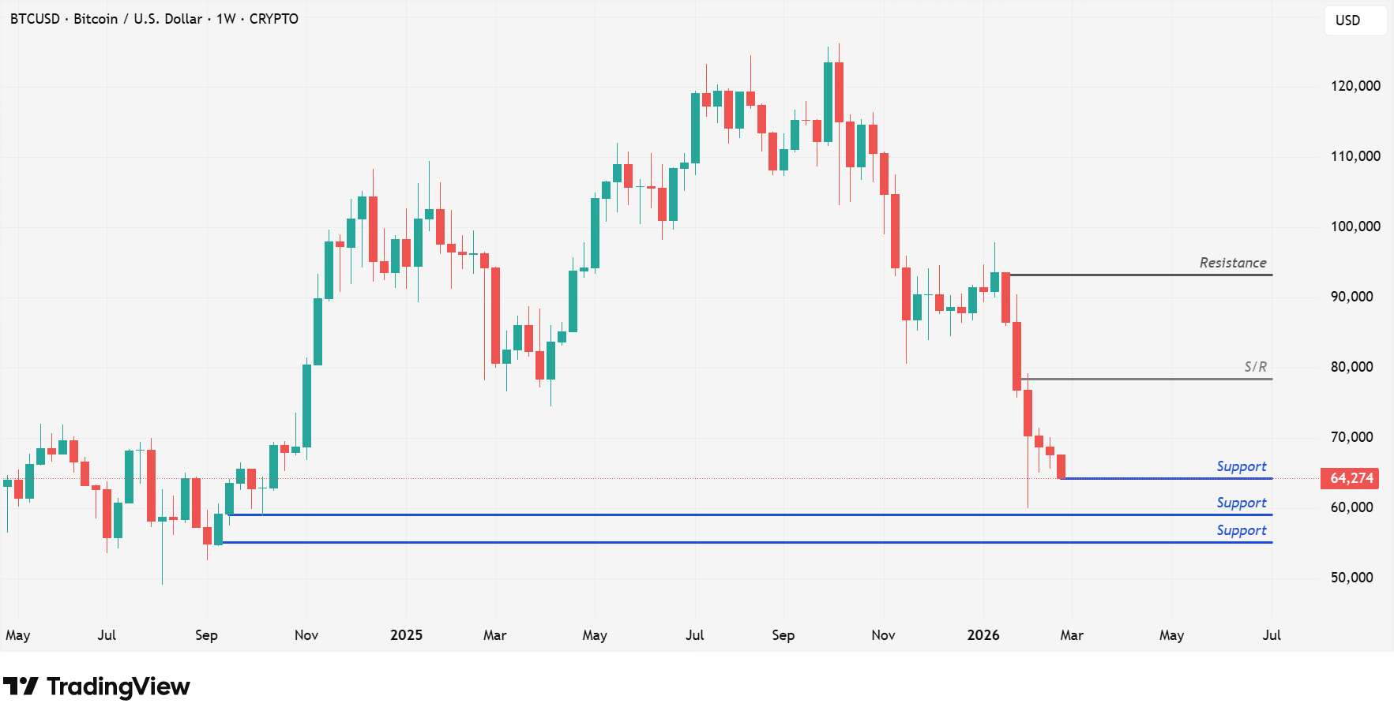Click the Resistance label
[1232, 263]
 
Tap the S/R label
[1255, 367]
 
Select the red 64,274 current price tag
[1351, 478]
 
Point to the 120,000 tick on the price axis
[1355, 86]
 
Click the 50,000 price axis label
[1351, 578]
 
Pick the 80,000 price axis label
[1351, 367]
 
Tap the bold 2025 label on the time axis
[406, 635]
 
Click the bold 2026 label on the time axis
[983, 635]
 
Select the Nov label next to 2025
[306, 635]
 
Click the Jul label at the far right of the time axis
[1271, 635]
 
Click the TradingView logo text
[118, 686]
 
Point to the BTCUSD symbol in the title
[35, 19]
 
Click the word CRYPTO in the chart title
[273, 19]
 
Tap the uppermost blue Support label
[1241, 466]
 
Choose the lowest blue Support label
[1241, 530]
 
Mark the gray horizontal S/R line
[1145, 380]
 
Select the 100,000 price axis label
[1355, 226]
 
